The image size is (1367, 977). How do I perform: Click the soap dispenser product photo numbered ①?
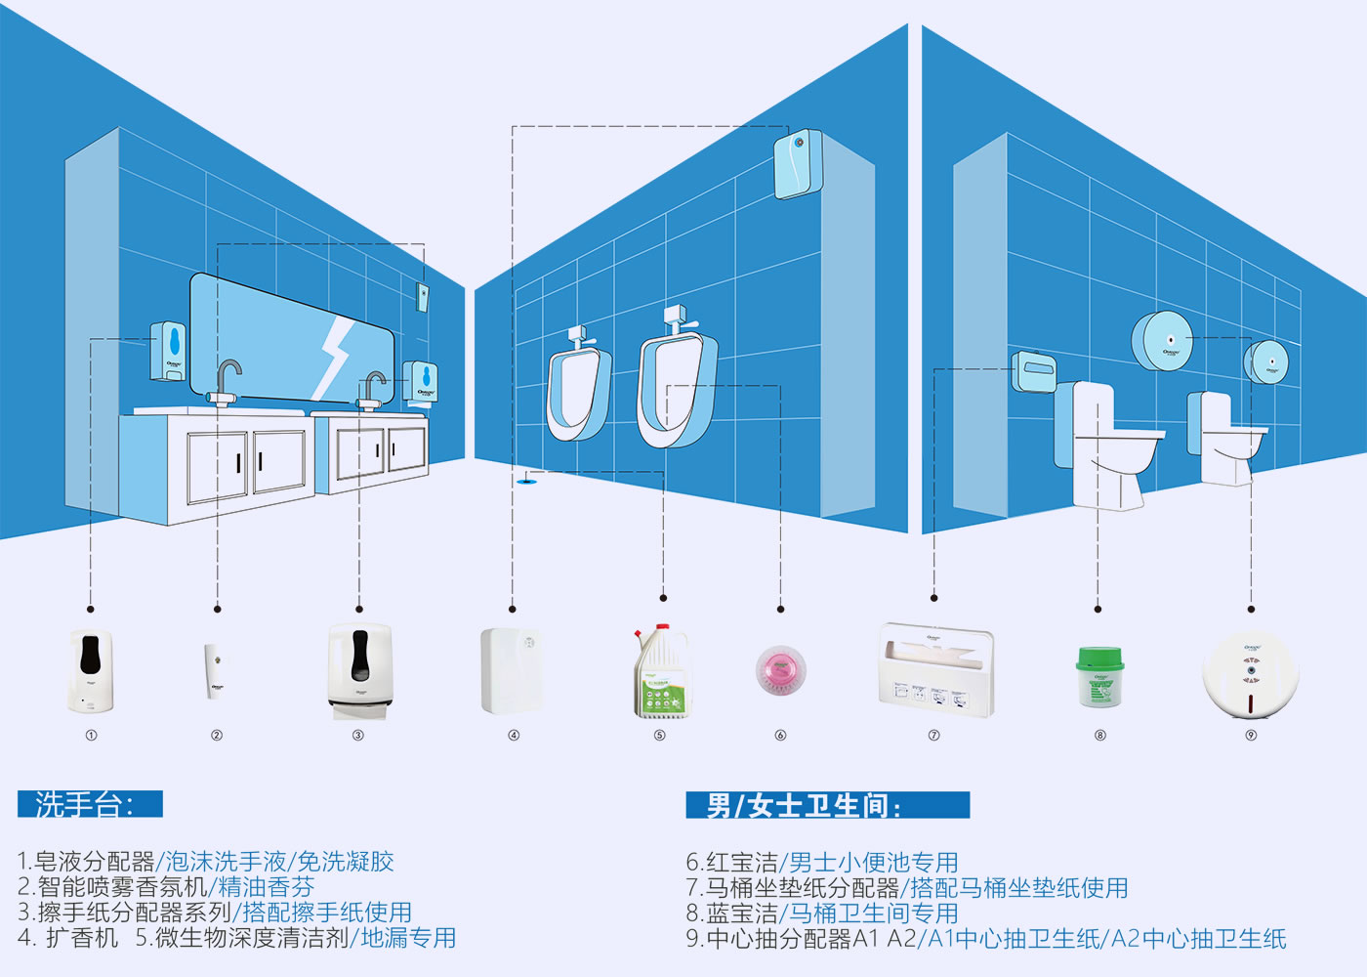pos(91,671)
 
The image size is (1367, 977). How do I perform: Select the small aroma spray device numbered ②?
pos(215,670)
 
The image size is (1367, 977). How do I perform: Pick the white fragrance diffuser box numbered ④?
pos(512,671)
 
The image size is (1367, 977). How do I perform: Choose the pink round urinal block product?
pos(780,672)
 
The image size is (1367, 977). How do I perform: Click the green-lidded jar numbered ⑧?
pos(1099,676)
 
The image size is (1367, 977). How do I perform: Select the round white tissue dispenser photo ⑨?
pos(1251,674)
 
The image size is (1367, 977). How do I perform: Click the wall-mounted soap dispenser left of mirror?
pos(168,352)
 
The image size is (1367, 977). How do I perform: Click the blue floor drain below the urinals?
pos(528,479)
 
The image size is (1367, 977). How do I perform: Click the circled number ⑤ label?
pos(660,736)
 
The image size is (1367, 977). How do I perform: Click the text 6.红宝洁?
pos(731,862)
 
